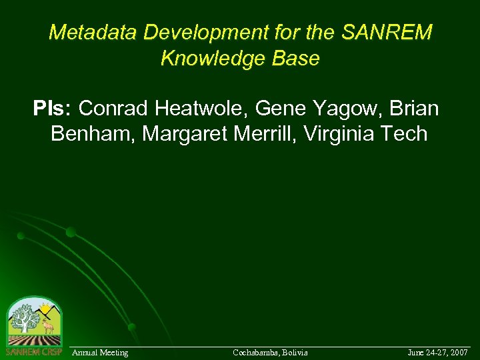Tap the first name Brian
[x=414, y=108]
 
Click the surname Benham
[x=92, y=133]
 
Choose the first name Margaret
[x=185, y=133]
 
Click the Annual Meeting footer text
[x=100, y=352]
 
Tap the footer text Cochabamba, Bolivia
[x=270, y=352]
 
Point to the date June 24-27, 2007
[x=437, y=352]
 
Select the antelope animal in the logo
[x=47, y=326]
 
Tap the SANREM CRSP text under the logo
[x=33, y=351]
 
